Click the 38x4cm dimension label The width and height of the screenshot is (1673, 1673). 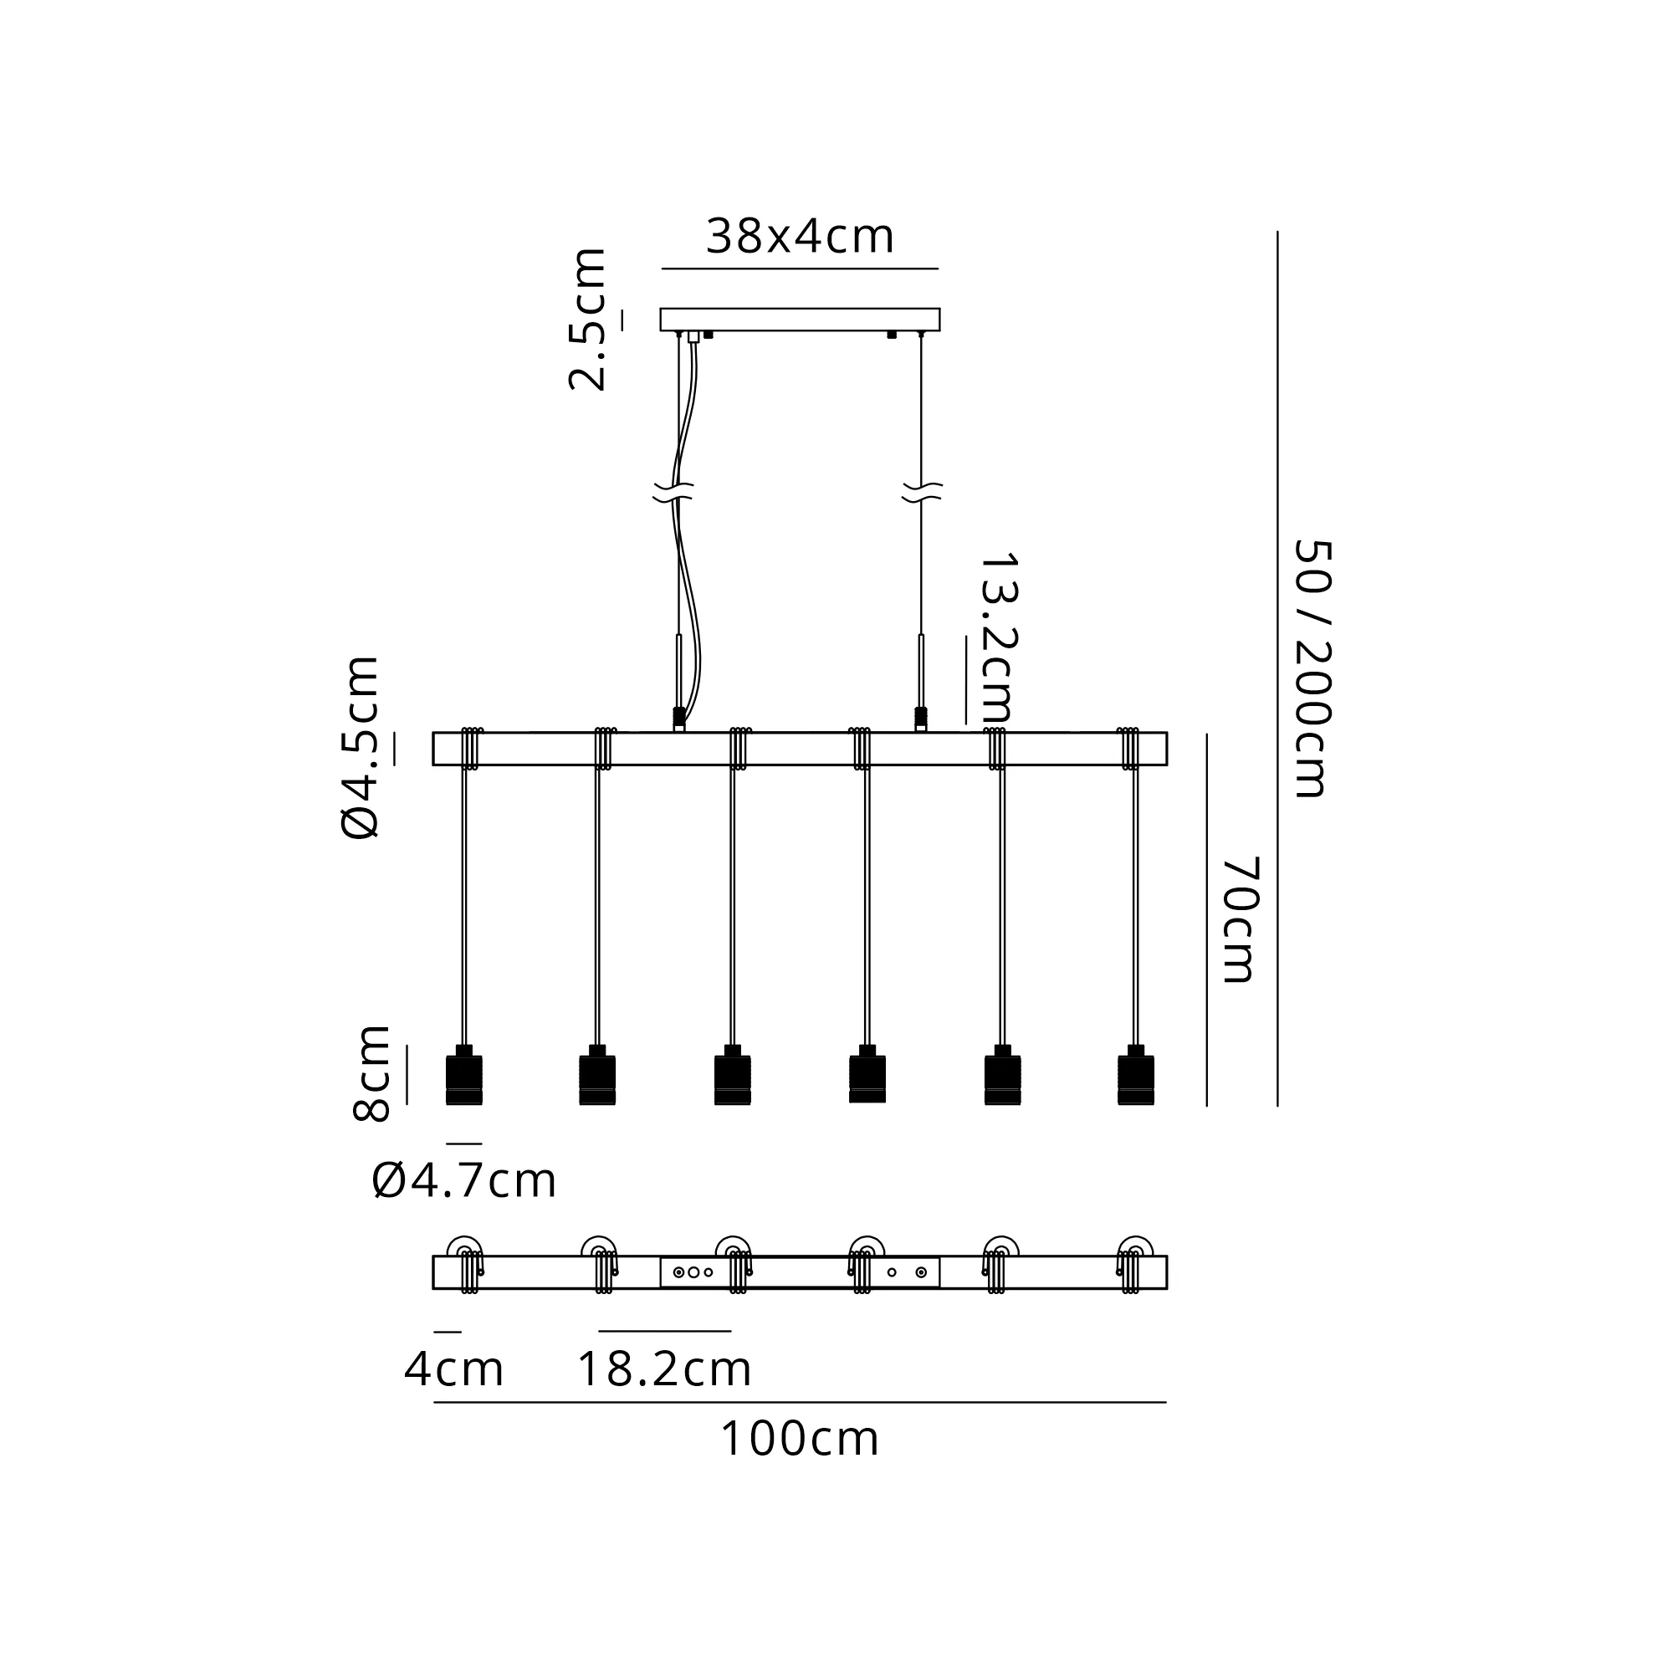click(799, 237)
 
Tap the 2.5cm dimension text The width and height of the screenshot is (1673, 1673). click(588, 319)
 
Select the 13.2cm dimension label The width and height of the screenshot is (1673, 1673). click(999, 638)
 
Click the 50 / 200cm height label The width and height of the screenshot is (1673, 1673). click(1312, 668)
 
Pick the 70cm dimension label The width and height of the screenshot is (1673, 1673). click(1240, 919)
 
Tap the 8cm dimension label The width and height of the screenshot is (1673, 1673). click(371, 1072)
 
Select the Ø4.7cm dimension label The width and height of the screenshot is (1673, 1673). click(464, 1180)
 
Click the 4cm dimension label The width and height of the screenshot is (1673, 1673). click(453, 1369)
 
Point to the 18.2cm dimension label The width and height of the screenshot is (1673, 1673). click(664, 1369)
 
